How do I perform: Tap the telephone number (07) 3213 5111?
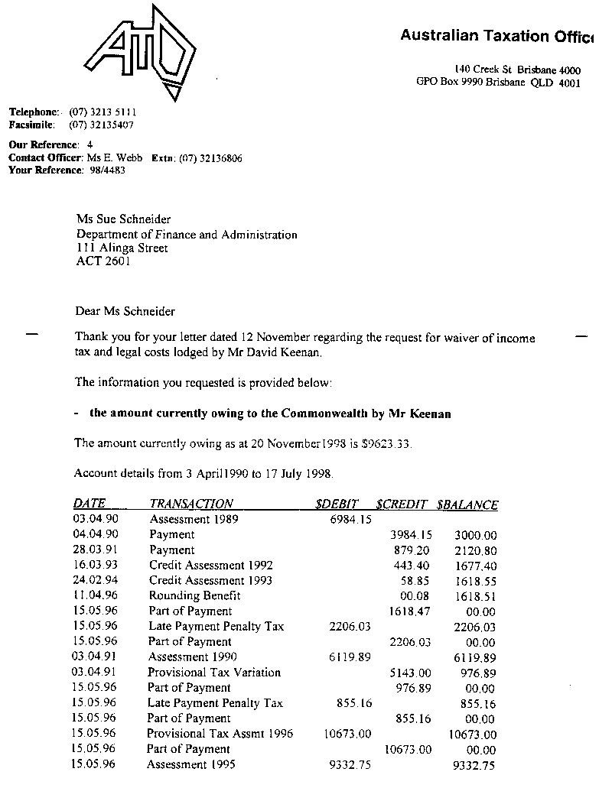103,112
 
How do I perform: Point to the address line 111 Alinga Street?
122,248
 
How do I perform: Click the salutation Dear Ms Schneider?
125,311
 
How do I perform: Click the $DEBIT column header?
337,504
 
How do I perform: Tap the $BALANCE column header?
467,504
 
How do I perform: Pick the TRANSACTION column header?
191,504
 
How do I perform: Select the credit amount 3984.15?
411,535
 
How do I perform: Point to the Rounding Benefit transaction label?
195,596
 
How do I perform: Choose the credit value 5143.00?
411,673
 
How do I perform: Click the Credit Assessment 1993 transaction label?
210,581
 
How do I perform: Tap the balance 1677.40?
475,566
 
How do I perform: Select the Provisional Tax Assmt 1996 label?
220,734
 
